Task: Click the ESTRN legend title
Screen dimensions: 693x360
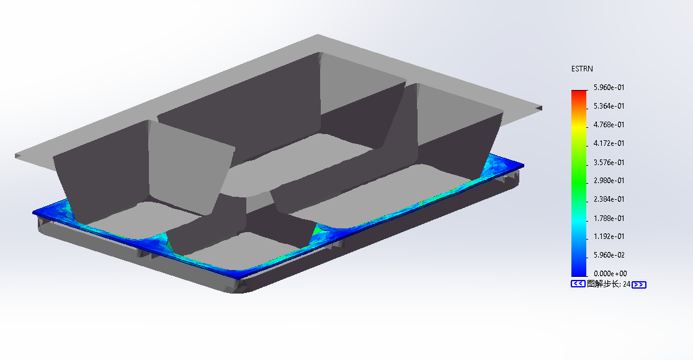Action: point(582,69)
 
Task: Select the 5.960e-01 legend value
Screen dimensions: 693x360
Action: point(609,88)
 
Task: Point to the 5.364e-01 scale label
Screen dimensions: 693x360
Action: point(609,106)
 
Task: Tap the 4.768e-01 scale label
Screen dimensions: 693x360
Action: point(609,125)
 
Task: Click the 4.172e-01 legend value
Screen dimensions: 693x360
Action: point(609,143)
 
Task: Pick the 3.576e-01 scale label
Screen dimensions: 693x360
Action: point(609,162)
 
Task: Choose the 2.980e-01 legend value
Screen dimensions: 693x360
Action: point(609,181)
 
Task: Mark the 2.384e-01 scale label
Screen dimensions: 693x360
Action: point(609,199)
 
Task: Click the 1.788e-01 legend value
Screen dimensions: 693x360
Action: point(609,218)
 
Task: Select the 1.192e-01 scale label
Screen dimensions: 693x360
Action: point(609,236)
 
